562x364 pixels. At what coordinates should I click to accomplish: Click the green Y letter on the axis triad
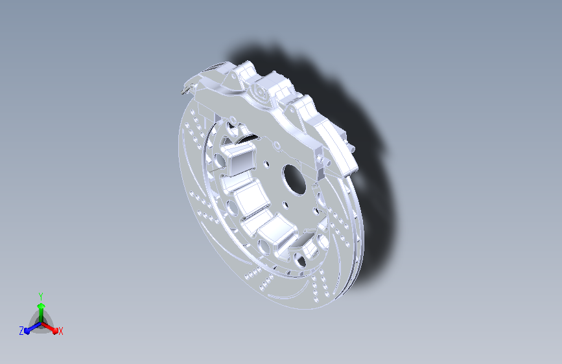(41, 297)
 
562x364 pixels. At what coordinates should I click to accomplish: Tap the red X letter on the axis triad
(60, 332)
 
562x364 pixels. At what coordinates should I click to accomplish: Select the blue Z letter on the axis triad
(21, 331)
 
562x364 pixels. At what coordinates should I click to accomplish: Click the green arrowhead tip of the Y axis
(41, 304)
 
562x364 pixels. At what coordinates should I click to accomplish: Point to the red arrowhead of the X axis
(54, 330)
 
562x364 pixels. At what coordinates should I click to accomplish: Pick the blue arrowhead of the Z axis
(27, 331)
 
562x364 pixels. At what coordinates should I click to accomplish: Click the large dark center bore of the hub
(294, 179)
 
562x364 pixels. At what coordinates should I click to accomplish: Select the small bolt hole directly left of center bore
(266, 165)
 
